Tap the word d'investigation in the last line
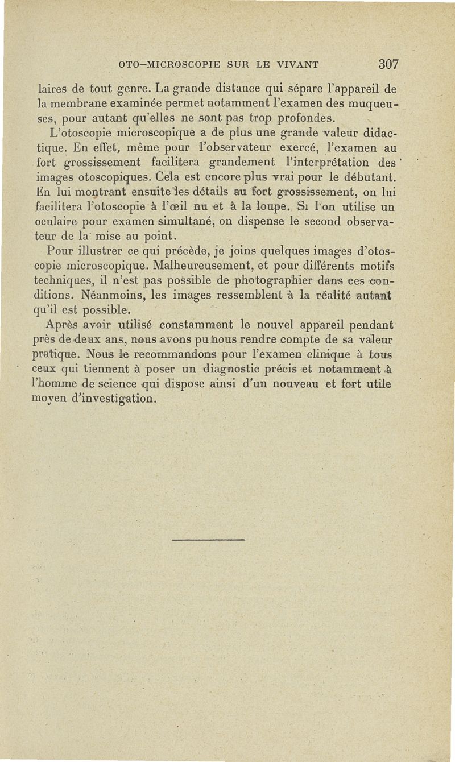[115, 399]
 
